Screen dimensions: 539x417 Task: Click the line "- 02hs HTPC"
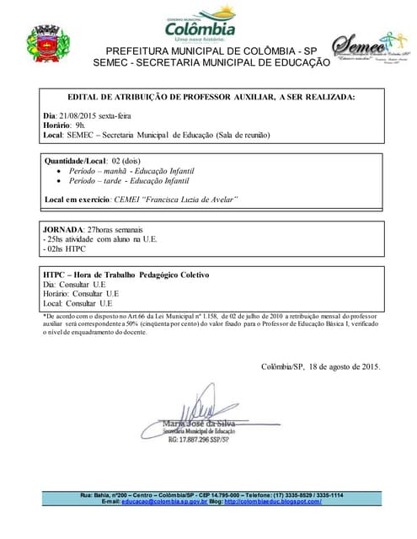(64, 249)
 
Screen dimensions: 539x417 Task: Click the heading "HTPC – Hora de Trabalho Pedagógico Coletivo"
(126, 275)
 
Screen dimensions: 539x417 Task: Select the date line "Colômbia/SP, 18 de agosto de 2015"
(321, 367)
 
